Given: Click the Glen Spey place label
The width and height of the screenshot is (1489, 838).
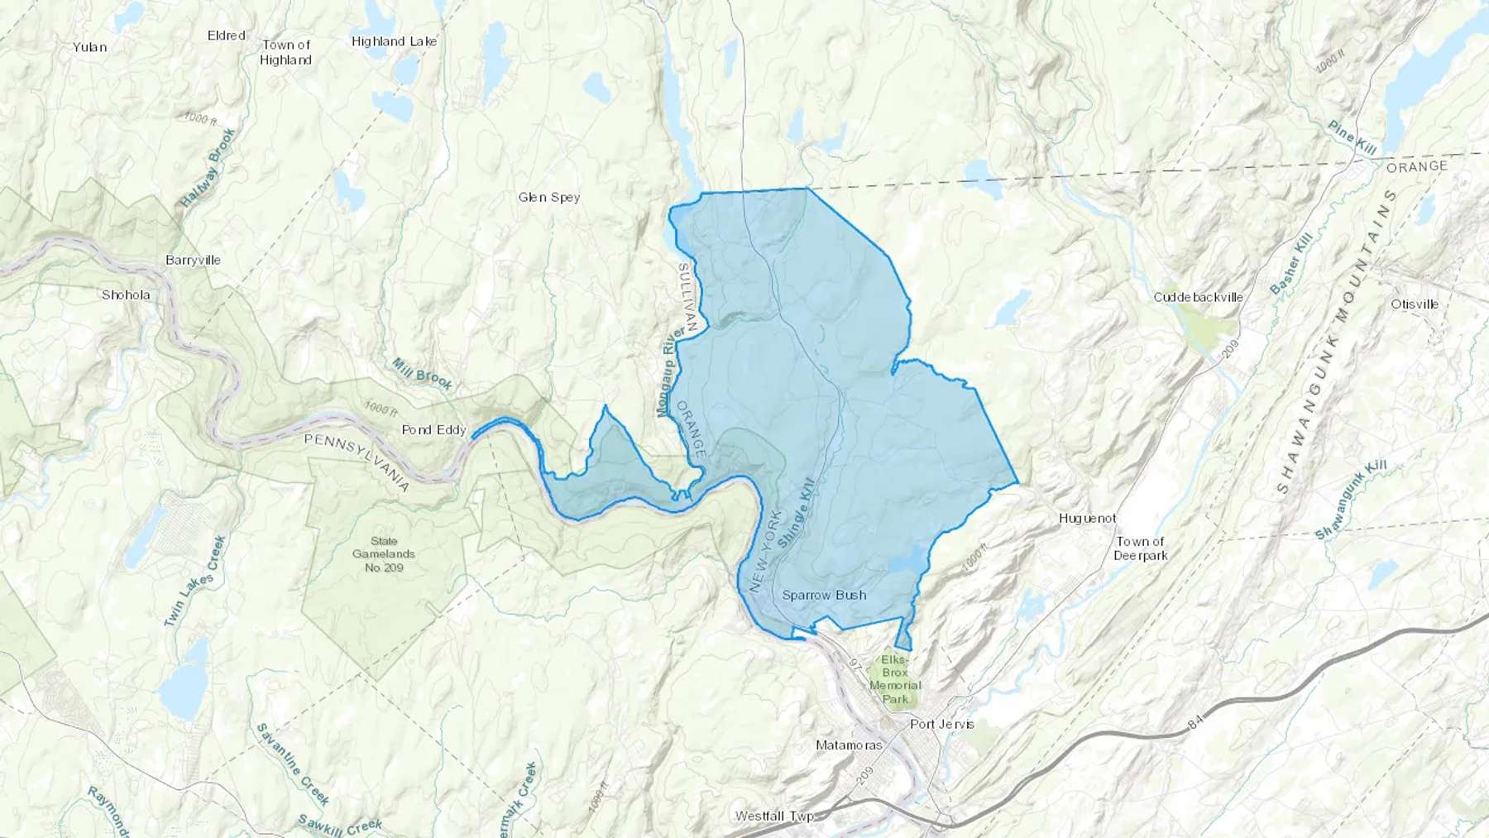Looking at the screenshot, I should [x=548, y=197].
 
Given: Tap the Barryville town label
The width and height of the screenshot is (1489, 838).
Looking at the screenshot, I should [x=193, y=260].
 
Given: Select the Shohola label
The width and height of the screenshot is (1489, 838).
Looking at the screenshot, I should [x=126, y=294].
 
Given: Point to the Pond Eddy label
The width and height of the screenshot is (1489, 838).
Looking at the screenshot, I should [x=433, y=430].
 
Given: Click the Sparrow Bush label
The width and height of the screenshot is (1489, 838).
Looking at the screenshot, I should [x=824, y=595].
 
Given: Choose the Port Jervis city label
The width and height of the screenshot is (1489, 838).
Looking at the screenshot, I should [x=941, y=724].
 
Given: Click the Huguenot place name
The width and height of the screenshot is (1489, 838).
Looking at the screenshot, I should [x=1087, y=519].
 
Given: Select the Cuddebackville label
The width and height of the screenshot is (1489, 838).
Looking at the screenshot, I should [x=1198, y=297].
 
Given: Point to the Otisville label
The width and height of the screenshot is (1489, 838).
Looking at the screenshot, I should [x=1414, y=304].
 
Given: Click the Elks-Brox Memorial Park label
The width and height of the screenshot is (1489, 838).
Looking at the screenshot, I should [x=894, y=679].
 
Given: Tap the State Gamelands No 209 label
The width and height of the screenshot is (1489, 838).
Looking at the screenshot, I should [x=384, y=554].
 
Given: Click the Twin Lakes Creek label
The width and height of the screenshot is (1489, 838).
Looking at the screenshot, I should [x=195, y=581].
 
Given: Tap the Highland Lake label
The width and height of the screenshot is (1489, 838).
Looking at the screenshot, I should [x=394, y=41].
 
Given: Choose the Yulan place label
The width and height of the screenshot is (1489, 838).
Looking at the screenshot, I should [x=89, y=47].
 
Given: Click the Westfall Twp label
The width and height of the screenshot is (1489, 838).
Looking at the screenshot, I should [x=774, y=816].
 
